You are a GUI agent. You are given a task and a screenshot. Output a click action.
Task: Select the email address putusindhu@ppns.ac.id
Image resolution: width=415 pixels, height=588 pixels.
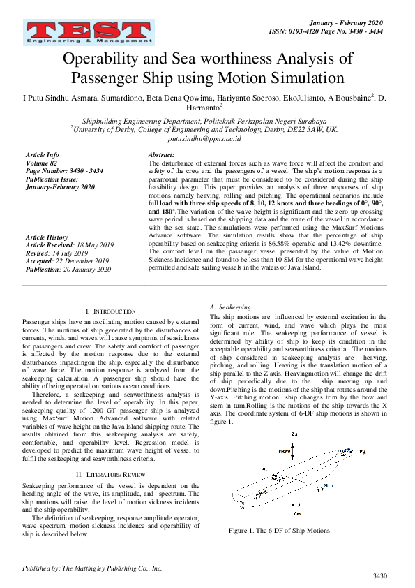tap(207, 139)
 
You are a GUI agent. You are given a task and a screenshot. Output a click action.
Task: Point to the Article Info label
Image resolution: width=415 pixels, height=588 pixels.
tap(42, 154)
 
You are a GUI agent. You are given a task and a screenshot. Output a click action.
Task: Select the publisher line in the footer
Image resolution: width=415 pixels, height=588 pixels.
tap(92, 568)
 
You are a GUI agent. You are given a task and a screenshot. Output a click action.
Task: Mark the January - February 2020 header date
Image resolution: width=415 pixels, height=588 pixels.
tap(349, 22)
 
